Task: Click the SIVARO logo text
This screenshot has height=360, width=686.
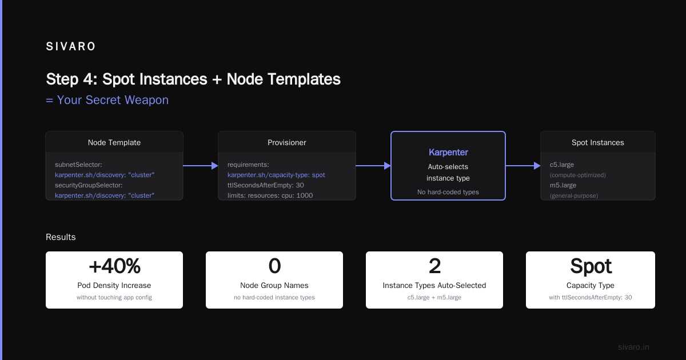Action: coord(70,46)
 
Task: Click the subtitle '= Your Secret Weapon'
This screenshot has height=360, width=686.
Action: coord(107,100)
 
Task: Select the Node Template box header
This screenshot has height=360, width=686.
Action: coord(114,142)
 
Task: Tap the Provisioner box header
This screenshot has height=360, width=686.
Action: coord(286,142)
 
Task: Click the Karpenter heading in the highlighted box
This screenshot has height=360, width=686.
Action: coord(448,152)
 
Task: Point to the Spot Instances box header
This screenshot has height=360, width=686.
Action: coord(598,142)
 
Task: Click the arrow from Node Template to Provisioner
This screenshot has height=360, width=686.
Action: coord(201,166)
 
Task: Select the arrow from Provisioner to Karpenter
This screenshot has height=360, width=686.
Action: coord(373,166)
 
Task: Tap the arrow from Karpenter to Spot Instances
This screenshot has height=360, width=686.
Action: coord(523,166)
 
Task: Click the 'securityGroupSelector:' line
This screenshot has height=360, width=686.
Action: coord(89,185)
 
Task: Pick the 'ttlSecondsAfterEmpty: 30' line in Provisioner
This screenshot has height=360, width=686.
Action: coord(265,185)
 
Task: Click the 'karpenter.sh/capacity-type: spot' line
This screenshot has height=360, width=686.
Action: coord(276,175)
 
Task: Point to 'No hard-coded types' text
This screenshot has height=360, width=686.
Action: coord(448,192)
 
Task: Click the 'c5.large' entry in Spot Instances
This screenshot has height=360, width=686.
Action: coord(561,165)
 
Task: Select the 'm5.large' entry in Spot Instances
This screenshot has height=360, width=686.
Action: coord(563,185)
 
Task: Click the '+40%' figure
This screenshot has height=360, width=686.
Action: coord(114,266)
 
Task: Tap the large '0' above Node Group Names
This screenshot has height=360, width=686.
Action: coord(274,266)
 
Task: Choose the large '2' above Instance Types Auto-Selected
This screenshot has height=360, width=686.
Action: coord(434,266)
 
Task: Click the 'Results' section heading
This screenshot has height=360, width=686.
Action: coord(61,237)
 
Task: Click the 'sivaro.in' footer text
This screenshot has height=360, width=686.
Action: coord(633,347)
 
